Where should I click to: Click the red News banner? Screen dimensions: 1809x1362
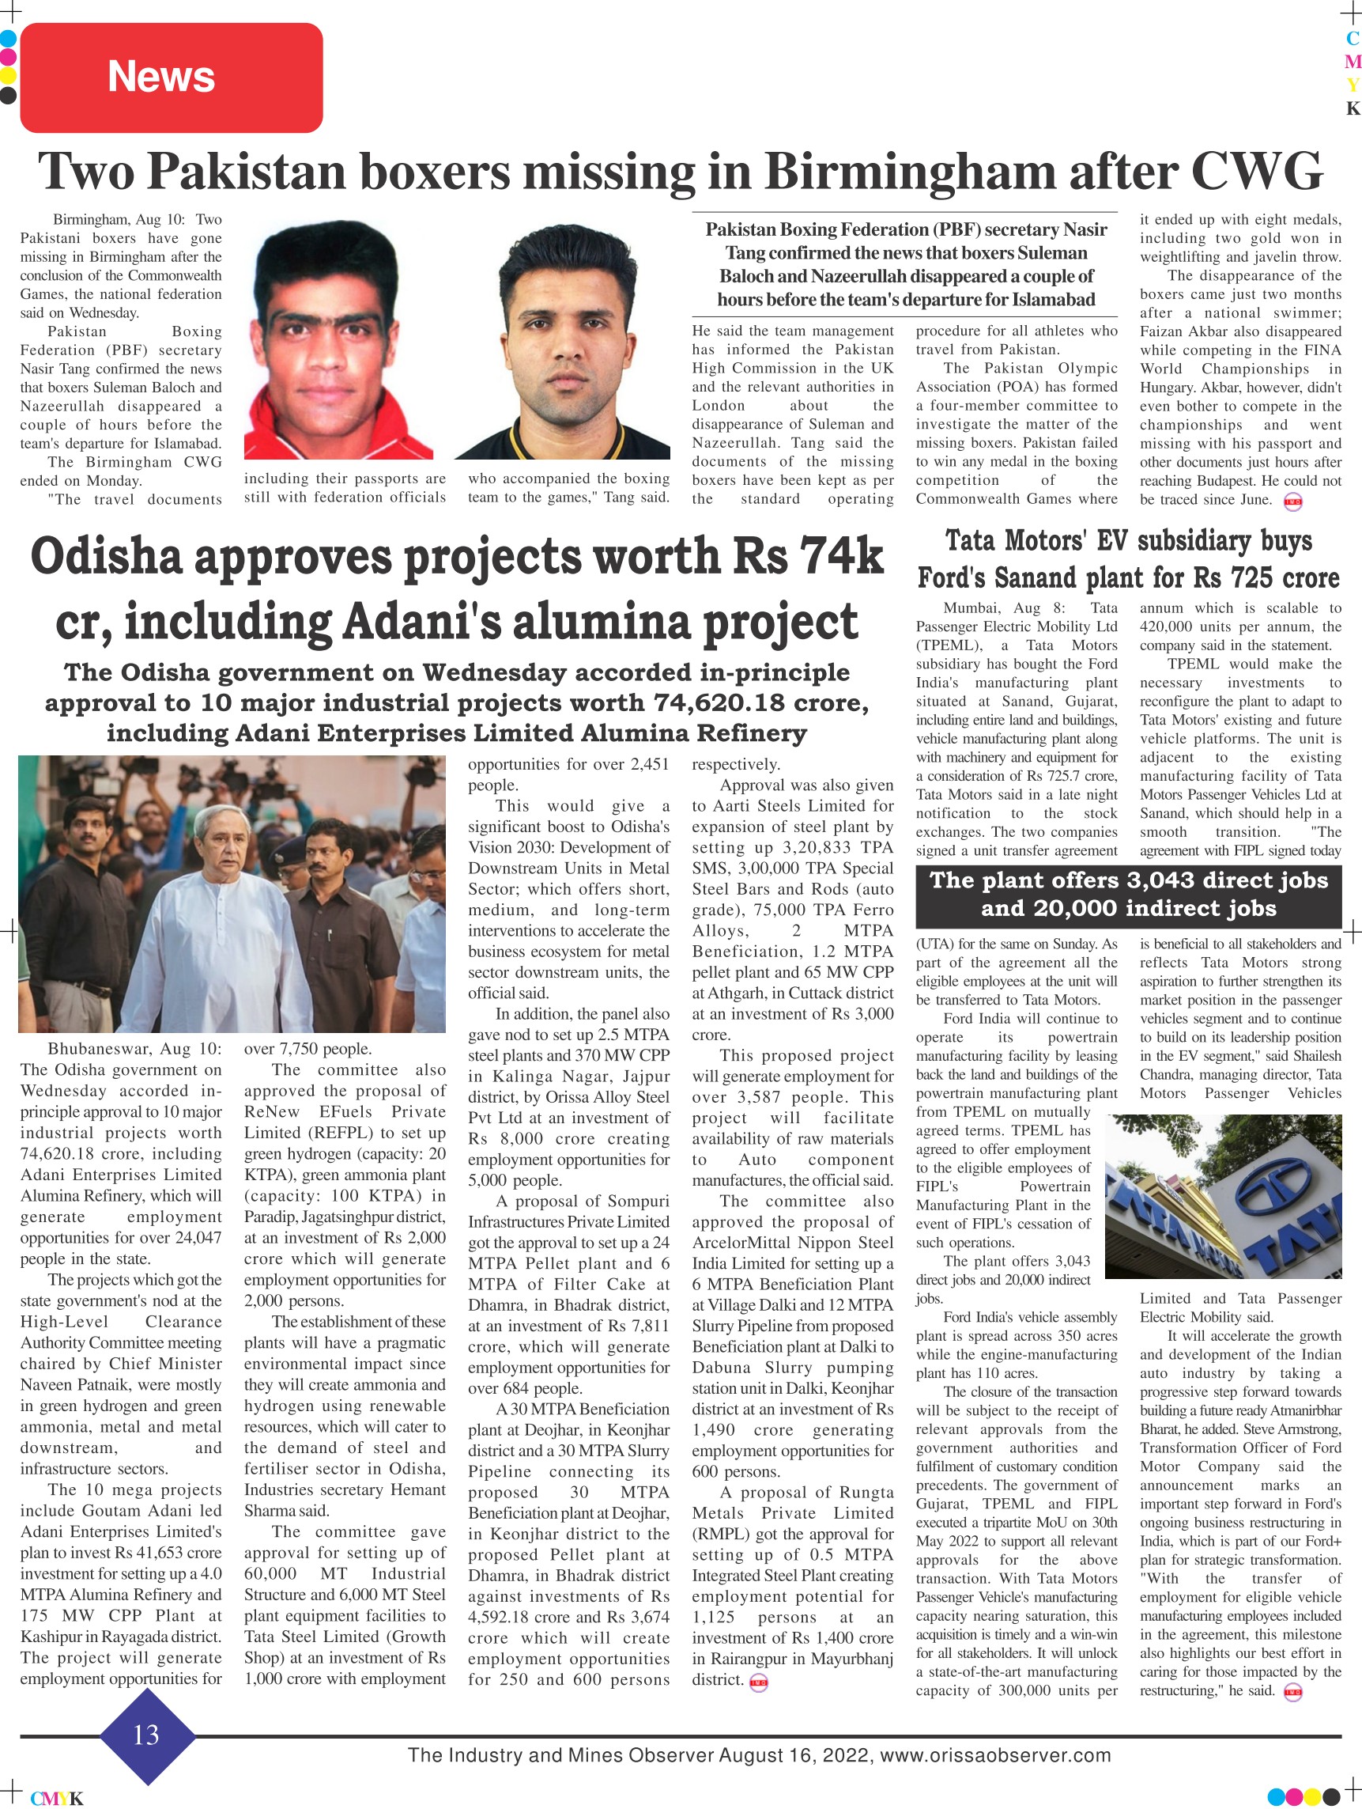coord(171,78)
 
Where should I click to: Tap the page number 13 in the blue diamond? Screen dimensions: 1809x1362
coord(146,1734)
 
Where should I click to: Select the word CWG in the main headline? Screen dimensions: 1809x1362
coord(1256,172)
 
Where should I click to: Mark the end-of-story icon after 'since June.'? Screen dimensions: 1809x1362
coord(1292,502)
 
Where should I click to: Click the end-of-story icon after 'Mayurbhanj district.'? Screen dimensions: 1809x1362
coord(758,1682)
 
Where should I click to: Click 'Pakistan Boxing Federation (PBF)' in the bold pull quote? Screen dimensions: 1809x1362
coord(842,230)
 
